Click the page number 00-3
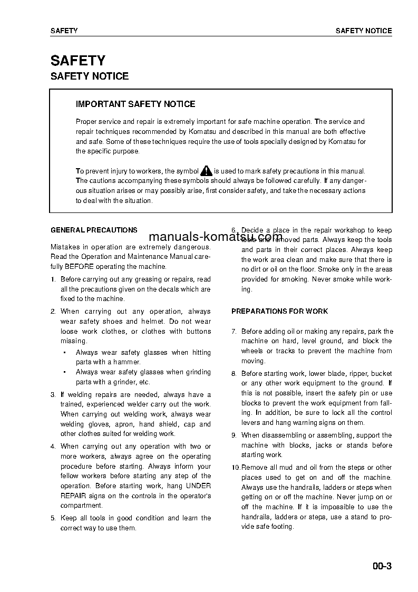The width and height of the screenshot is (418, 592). point(381,567)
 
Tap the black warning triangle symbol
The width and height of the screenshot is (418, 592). point(206,170)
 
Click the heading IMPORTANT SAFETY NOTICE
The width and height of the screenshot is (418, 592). point(135,104)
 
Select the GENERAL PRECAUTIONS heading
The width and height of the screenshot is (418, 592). point(94,230)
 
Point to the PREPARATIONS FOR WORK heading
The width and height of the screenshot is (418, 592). point(279,312)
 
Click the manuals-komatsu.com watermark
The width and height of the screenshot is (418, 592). point(216,237)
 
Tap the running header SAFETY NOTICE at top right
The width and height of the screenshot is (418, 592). point(364,31)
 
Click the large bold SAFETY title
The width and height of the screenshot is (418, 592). point(78,61)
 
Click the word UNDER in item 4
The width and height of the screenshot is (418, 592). point(199,486)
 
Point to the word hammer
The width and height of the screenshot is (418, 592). point(128,362)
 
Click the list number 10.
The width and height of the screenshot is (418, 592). point(236,468)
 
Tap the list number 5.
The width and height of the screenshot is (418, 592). point(53,518)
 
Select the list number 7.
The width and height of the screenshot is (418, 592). point(234,332)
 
